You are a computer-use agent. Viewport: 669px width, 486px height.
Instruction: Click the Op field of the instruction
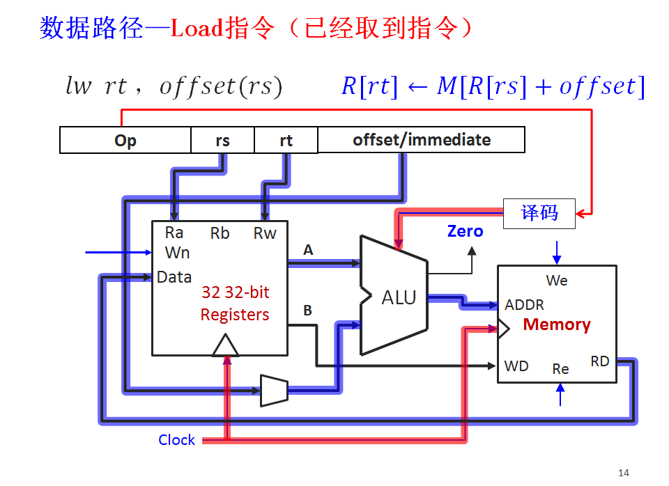point(125,141)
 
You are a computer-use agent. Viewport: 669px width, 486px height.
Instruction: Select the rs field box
point(222,141)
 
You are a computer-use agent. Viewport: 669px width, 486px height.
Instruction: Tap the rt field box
point(286,141)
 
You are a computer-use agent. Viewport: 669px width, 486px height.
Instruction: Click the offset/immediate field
point(421,140)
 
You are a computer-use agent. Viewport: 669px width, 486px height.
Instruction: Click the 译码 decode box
point(539,213)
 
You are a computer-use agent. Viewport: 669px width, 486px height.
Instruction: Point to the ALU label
point(399,298)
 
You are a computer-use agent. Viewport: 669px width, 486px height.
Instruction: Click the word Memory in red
point(556,324)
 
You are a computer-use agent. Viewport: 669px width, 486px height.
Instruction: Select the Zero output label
point(465,231)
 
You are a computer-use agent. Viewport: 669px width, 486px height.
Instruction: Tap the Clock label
point(176,440)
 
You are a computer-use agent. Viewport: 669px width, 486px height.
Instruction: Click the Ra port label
point(174,233)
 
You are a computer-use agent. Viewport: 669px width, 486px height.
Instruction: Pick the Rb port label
point(220,233)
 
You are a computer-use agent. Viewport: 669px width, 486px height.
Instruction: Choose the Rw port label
point(265,233)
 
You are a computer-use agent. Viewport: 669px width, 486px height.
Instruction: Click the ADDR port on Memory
point(524,305)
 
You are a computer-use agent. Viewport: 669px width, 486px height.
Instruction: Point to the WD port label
point(516,366)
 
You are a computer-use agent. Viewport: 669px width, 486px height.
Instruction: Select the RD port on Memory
point(599,361)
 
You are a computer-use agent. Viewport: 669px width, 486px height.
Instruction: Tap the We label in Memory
point(556,281)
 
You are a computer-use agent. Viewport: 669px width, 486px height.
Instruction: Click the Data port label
point(174,277)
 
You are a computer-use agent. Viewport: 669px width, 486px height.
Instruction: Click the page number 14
point(623,473)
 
